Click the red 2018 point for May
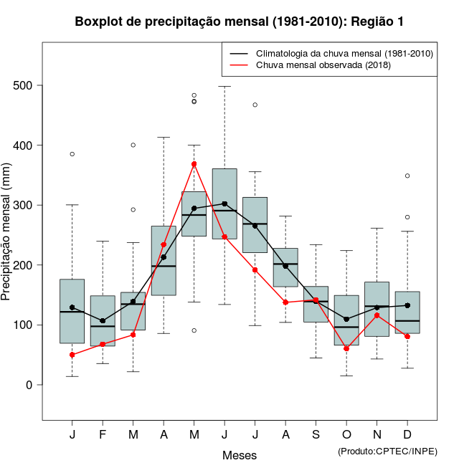(x=194, y=164)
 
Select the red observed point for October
(x=346, y=349)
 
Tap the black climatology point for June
(x=224, y=204)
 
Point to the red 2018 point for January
(x=72, y=355)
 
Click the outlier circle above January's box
(x=72, y=154)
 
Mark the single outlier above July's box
(x=255, y=105)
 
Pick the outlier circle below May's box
(x=194, y=330)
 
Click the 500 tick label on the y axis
(x=24, y=86)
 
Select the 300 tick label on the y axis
(x=24, y=206)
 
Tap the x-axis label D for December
(x=407, y=435)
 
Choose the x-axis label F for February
(x=103, y=435)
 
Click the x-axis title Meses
(x=239, y=455)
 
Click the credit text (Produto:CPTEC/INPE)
(x=387, y=451)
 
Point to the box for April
(x=164, y=260)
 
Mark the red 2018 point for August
(x=285, y=302)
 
